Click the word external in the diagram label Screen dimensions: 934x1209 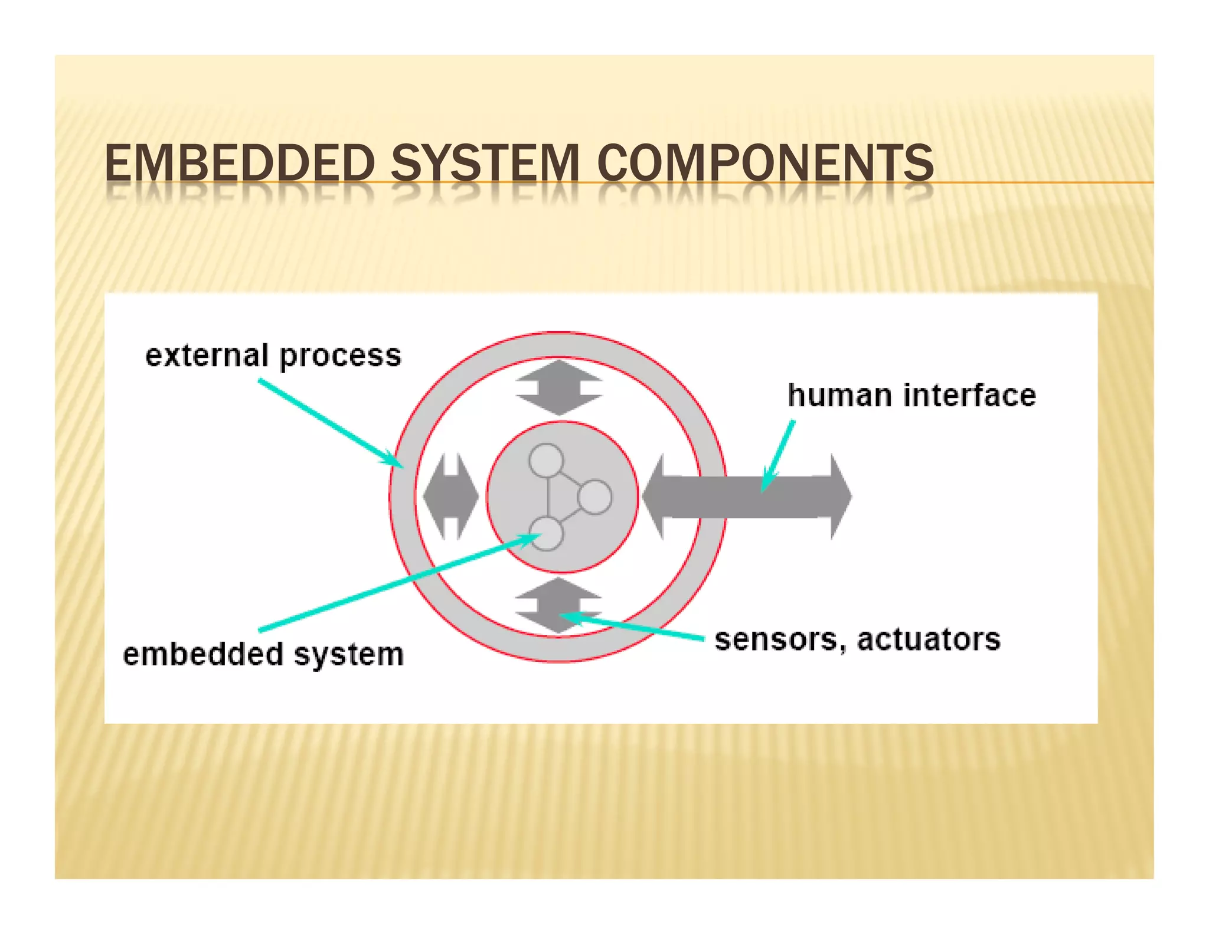click(207, 355)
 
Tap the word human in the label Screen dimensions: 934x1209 click(839, 395)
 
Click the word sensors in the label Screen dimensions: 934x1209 click(776, 639)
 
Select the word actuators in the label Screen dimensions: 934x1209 click(928, 639)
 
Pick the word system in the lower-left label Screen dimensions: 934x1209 click(348, 655)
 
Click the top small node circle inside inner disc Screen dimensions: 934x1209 click(546, 461)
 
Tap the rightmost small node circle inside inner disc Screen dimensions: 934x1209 click(594, 497)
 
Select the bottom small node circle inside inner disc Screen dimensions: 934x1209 click(546, 534)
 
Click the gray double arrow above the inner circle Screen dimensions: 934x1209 click(558, 387)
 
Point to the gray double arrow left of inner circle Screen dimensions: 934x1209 click(450, 497)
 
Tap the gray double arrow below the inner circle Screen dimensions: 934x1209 click(558, 606)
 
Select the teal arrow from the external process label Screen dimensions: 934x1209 click(331, 423)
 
